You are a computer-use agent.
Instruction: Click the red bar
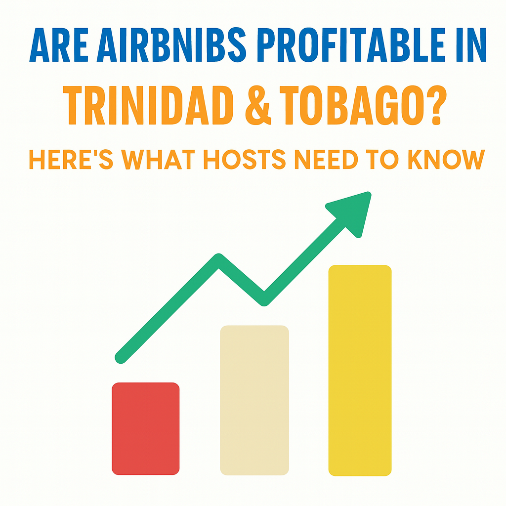pyautogui.click(x=146, y=428)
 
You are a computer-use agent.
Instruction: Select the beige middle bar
pyautogui.click(x=254, y=400)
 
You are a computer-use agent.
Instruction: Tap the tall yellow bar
pyautogui.click(x=360, y=371)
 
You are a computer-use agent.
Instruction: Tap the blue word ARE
pyautogui.click(x=59, y=44)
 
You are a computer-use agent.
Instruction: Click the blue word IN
pyautogui.click(x=471, y=44)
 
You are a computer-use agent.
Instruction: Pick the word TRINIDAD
pyautogui.click(x=148, y=105)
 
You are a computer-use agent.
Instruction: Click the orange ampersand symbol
pyautogui.click(x=258, y=105)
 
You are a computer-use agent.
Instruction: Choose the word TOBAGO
pyautogui.click(x=352, y=105)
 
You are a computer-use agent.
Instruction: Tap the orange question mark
pyautogui.click(x=437, y=105)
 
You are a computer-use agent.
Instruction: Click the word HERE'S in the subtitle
pyautogui.click(x=71, y=159)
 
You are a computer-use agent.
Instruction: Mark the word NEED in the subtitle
pyautogui.click(x=326, y=159)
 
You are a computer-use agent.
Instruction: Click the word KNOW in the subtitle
pyautogui.click(x=447, y=159)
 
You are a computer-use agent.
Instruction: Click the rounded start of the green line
pyautogui.click(x=121, y=358)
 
